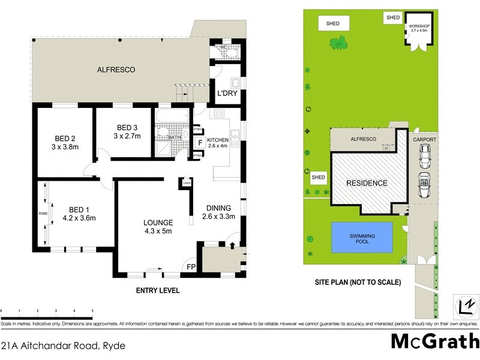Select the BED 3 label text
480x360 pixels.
[x=127, y=127]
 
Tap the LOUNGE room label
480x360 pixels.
[x=158, y=222]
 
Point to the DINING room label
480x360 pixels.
[x=218, y=208]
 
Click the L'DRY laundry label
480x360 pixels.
[x=226, y=94]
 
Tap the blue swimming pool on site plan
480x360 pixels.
[x=362, y=236]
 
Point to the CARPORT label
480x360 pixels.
[x=424, y=139]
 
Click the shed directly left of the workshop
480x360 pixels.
[x=393, y=18]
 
